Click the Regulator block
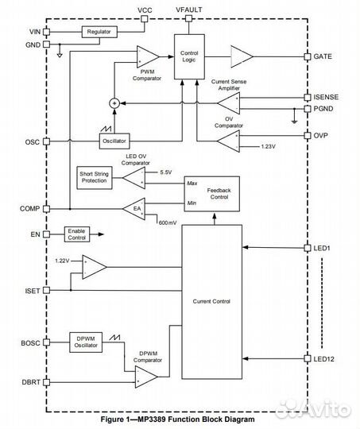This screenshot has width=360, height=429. coord(99,32)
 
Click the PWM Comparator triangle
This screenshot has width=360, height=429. coord(147,56)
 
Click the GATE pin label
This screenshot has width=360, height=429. coord(323,56)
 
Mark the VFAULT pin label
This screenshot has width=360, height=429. coord(188,9)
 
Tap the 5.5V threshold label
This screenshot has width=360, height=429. coord(165,172)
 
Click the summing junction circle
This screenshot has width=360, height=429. coord(113,102)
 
